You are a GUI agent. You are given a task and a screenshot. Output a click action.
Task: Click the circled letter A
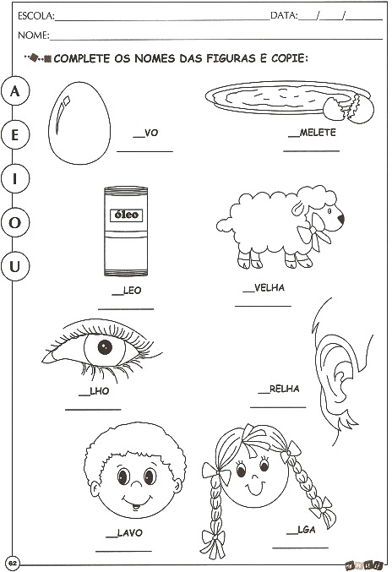[14, 91]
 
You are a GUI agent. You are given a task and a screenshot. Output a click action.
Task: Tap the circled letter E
[14, 135]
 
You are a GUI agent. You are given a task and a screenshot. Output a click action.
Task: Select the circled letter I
[14, 179]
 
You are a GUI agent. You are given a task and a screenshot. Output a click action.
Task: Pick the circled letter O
[14, 222]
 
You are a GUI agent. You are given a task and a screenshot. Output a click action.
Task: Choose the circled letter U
[14, 266]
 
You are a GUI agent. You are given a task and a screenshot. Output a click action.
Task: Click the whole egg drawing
[79, 123]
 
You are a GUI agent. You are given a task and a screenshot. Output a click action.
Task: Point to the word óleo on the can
[126, 215]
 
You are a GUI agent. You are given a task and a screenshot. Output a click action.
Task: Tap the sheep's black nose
[341, 219]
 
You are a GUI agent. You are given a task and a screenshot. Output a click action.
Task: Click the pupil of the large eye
[105, 347]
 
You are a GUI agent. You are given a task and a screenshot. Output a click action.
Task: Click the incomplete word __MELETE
[312, 133]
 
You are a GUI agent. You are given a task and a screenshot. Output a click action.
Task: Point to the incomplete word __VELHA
[264, 288]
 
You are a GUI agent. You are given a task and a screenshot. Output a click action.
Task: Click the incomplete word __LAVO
[124, 533]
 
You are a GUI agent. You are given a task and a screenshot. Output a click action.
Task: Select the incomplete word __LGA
[301, 530]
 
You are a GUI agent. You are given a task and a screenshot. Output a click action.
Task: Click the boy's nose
[136, 484]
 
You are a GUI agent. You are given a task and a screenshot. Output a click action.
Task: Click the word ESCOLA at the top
[35, 16]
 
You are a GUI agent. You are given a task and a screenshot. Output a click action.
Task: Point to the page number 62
[14, 563]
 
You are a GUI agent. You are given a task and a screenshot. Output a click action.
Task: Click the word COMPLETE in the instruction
[82, 58]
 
